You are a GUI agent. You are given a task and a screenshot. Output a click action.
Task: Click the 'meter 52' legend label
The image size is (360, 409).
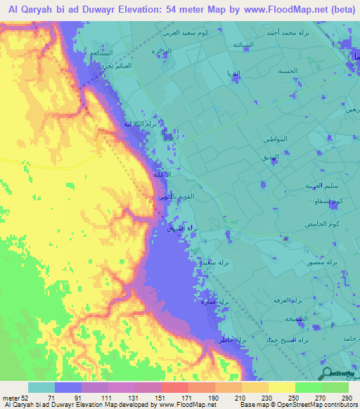coord(15,398)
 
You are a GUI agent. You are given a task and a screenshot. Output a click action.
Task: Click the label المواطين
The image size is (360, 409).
coord(271,139)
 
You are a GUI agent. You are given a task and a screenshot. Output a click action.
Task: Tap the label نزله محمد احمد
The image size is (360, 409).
coord(288,33)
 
